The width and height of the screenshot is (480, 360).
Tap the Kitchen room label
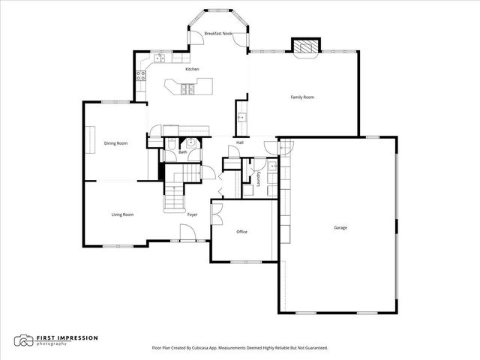(x=192, y=69)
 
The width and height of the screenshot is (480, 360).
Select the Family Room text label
(x=302, y=97)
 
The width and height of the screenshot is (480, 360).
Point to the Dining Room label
(x=115, y=142)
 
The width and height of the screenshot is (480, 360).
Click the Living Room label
(x=122, y=214)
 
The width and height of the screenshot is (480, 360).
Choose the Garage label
(x=340, y=227)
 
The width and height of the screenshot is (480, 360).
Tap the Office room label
(x=241, y=232)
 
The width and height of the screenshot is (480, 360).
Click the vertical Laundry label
(x=258, y=178)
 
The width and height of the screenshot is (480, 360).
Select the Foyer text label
(x=192, y=214)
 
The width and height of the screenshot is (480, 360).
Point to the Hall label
(x=240, y=142)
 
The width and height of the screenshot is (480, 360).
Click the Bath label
(x=182, y=152)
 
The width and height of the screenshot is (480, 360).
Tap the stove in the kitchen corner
(x=139, y=73)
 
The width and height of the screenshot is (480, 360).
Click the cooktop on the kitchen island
(x=186, y=88)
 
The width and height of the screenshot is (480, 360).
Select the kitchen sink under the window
(x=161, y=58)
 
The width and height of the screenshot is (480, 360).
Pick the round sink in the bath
(x=191, y=142)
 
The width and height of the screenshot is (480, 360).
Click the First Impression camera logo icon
(x=25, y=340)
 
